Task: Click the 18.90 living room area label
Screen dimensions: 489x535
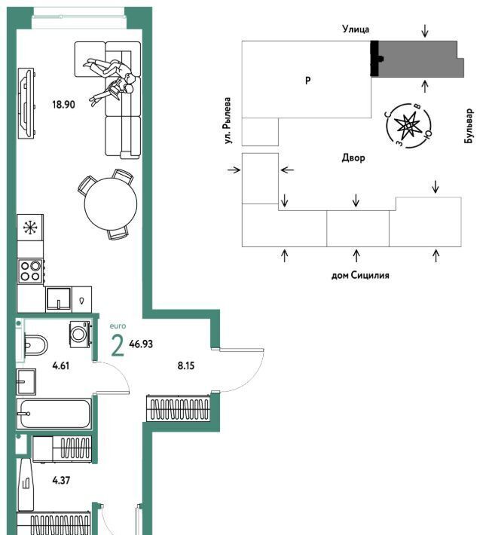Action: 63,105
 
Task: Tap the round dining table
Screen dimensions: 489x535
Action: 111,204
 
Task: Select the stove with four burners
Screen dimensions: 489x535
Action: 30,271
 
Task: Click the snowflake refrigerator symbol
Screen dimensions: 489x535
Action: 30,228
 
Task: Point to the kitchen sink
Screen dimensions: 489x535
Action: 59,299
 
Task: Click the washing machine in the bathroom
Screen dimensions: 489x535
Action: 80,335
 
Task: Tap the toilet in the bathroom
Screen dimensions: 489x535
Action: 35,345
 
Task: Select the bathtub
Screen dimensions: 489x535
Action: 54,414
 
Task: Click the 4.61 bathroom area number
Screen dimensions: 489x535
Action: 61,366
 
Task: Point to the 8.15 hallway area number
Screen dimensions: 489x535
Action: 186,366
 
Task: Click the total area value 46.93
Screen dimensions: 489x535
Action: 141,344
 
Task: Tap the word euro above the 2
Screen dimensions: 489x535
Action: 118,326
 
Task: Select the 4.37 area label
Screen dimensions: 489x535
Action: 61,481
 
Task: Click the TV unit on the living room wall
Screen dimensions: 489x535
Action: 26,103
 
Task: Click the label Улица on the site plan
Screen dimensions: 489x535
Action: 356,29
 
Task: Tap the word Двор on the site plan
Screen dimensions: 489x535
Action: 353,158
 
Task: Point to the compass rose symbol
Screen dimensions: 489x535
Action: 408,126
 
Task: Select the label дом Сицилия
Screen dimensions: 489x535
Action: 360,275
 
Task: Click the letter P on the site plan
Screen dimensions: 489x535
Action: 308,81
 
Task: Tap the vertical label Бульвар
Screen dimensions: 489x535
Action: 469,126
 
